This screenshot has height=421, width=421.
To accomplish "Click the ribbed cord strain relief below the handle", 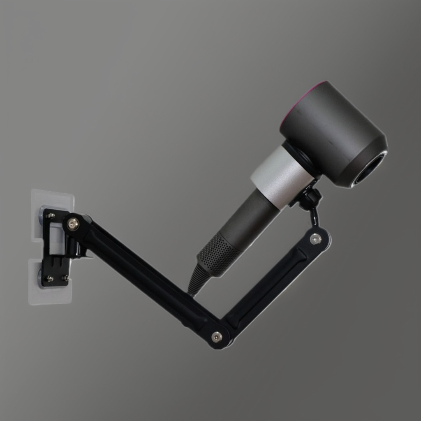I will click(197, 280).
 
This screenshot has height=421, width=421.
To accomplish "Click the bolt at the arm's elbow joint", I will click(217, 337).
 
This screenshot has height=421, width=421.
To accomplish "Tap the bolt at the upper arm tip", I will click(316, 239).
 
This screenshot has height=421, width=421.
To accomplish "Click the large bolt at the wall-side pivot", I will click(73, 224).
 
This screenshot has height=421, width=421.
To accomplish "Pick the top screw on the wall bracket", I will click(51, 215).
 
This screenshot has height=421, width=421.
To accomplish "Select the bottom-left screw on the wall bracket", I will click(50, 278).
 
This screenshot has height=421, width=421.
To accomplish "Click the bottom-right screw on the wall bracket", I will click(65, 278).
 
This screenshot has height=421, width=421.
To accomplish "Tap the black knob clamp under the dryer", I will click(309, 198).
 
